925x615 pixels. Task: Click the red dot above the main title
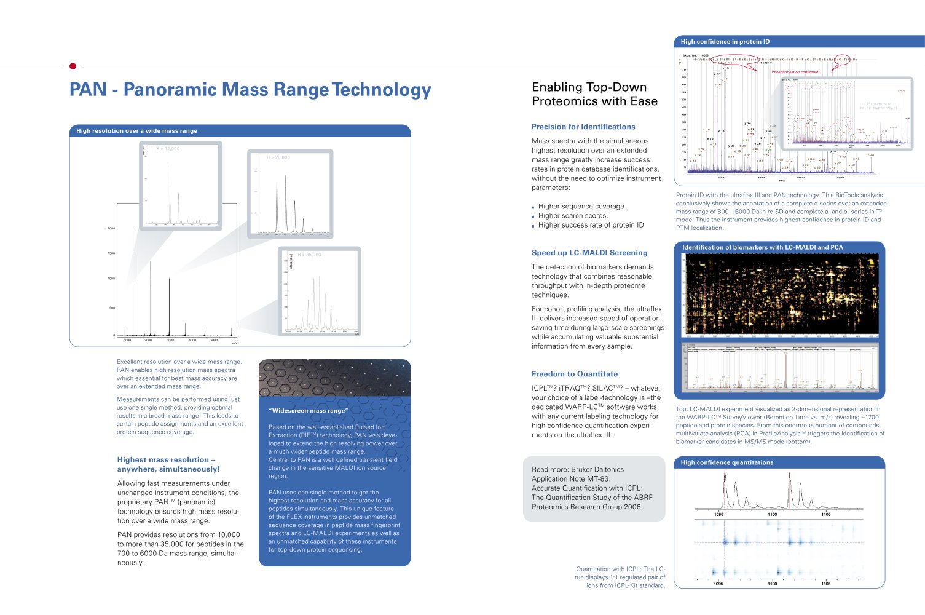point(73,66)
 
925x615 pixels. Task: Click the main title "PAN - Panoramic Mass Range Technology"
point(250,90)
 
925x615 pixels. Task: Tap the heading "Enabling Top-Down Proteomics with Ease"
point(594,94)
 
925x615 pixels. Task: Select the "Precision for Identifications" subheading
point(583,127)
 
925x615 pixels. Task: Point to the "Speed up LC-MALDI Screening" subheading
point(589,253)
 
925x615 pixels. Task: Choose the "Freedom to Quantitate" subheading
point(575,374)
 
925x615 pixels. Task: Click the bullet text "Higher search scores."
point(573,216)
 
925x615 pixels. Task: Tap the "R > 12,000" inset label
point(168,149)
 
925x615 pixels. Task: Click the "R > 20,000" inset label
point(278,157)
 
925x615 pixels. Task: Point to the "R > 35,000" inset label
point(309,255)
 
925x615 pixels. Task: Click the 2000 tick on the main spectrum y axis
point(111,228)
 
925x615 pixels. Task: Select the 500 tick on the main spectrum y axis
point(112,307)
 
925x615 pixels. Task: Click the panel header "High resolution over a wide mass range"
point(136,131)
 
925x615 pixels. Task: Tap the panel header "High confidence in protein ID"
point(725,42)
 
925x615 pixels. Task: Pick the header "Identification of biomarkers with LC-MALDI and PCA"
point(762,247)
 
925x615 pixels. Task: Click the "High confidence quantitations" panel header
point(726,462)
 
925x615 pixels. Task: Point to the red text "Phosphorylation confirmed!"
point(795,72)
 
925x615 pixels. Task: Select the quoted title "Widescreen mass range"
point(309,411)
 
